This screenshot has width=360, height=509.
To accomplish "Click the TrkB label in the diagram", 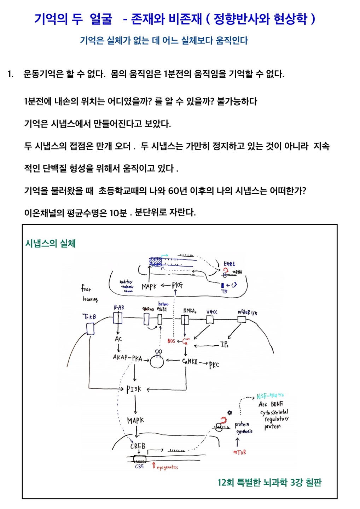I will tap(89, 317).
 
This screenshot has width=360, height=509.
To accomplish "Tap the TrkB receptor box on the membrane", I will tap(90, 329).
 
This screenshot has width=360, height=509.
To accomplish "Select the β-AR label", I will tap(119, 308).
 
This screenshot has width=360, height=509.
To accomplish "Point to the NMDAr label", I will tap(189, 311).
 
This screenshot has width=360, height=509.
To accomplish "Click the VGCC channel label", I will tap(212, 312).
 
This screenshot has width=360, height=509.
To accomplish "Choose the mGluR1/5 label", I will tap(247, 312).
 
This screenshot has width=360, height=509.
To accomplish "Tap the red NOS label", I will tap(171, 341).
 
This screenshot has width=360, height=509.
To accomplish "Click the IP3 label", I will tap(224, 344).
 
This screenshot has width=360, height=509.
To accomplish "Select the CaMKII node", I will tap(190, 362).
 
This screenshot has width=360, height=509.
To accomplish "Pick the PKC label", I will tap(214, 365).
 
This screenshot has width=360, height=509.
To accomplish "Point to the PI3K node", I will tap(134, 389).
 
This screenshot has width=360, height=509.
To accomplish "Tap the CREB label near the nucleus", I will tap(138, 446).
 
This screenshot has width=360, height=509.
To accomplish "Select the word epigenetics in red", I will tap(167, 467).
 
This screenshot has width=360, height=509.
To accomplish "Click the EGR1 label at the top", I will tap(229, 264).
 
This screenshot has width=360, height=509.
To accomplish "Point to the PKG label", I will tap(177, 285).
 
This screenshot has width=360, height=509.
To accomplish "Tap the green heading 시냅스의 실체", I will tap(51, 243).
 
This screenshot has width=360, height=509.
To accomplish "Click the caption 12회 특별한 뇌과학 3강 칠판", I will tap(269, 482).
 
